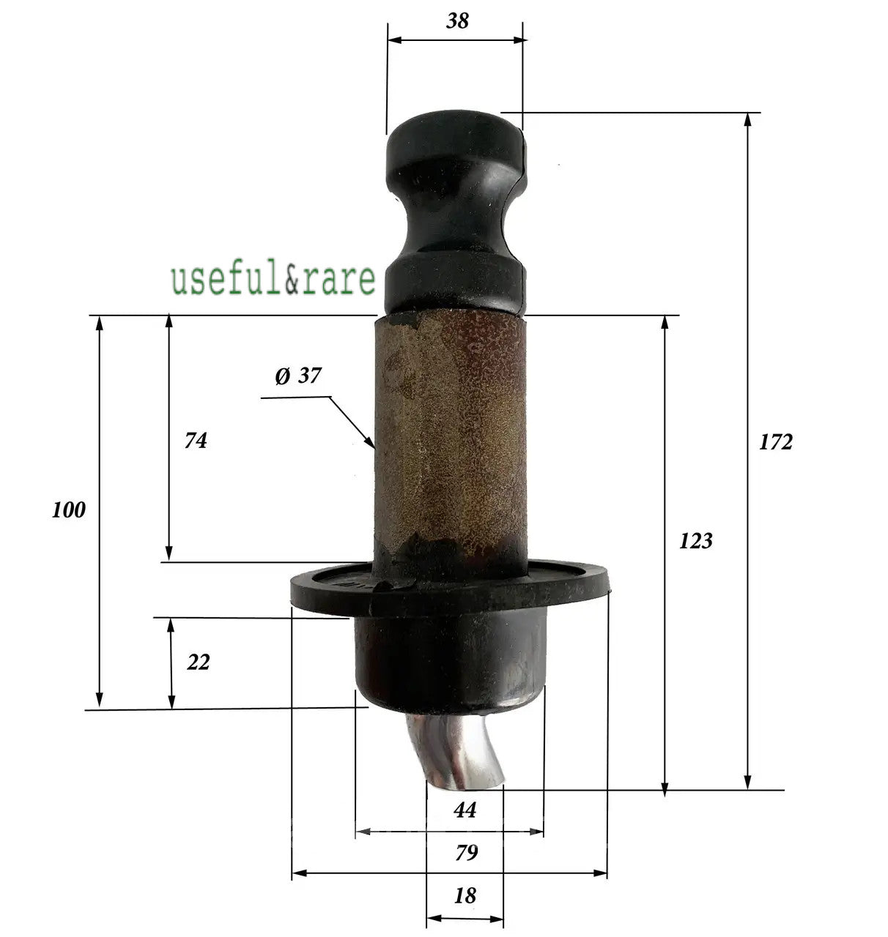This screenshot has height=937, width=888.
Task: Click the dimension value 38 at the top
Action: pos(457,20)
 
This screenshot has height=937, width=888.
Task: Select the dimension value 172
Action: pos(775,442)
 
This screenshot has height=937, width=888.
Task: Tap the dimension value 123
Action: pos(695,541)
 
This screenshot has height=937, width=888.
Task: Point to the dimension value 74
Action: pos(196,441)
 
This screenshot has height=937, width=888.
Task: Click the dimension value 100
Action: pos(69,510)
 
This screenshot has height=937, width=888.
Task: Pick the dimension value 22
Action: pos(198,662)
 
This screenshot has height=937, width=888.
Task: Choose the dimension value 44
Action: pos(465,810)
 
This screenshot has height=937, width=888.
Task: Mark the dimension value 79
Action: pos(466,853)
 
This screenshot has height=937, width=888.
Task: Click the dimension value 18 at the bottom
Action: pos(465,895)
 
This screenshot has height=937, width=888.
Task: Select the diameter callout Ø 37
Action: pos(298,376)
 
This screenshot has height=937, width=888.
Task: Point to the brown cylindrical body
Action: pos(450,439)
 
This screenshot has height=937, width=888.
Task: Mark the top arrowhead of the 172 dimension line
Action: pos(747,119)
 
